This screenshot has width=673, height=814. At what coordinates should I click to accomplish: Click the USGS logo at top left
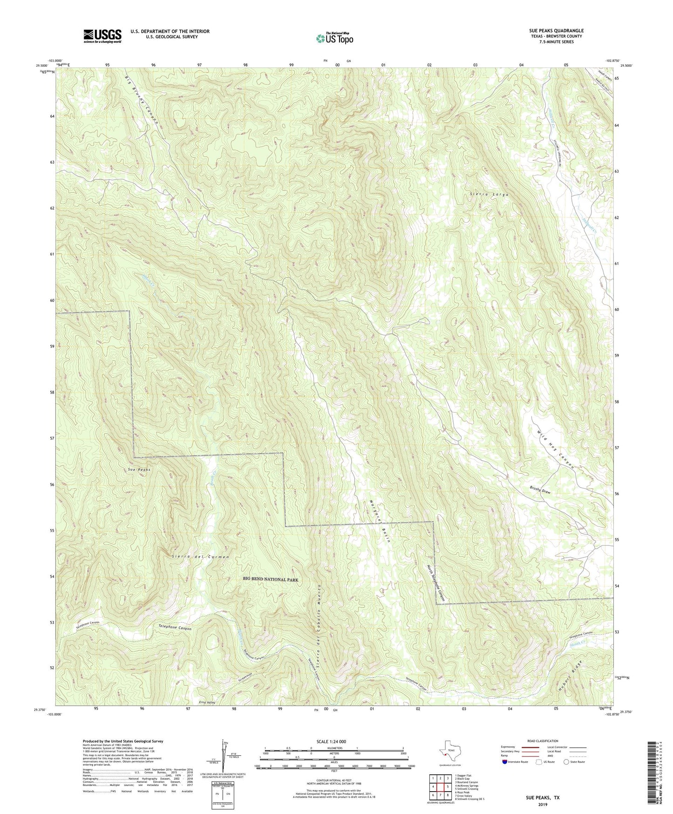coord(102,36)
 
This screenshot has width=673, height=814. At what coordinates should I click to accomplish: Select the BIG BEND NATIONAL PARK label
coord(270,579)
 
